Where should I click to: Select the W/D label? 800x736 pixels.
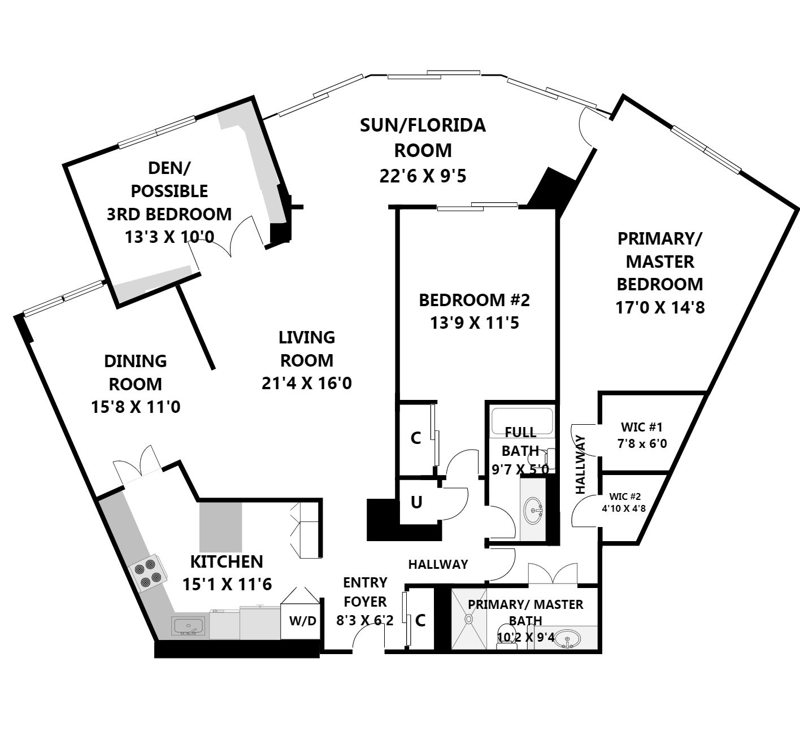[x=303, y=621]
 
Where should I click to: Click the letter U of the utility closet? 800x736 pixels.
[x=416, y=502]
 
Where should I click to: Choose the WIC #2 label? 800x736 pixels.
[x=624, y=502]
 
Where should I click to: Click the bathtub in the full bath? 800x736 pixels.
[x=521, y=420]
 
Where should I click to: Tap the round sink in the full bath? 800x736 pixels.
[x=533, y=511]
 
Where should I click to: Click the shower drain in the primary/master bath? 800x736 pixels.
[x=468, y=619]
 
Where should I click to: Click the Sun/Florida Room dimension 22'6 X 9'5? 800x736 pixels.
[x=423, y=176]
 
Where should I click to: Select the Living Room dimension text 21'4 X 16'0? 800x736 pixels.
[x=307, y=384]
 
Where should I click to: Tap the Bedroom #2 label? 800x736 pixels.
[x=474, y=300]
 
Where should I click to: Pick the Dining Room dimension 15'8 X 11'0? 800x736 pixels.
[x=136, y=407]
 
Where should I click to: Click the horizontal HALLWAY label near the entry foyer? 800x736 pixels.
[x=438, y=564]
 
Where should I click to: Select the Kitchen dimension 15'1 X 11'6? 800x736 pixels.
[x=227, y=584]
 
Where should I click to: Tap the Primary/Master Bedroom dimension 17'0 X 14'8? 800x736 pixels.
[x=660, y=307]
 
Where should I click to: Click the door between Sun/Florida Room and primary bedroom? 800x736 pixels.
[x=588, y=127]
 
